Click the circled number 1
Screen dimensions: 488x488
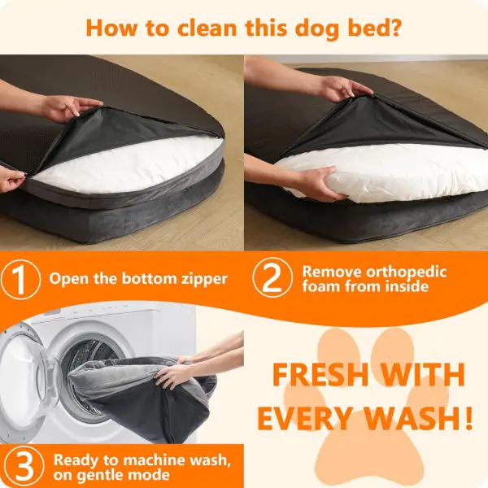click(x=20, y=278)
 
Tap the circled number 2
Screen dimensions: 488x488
click(x=272, y=277)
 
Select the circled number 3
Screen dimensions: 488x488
click(x=24, y=466)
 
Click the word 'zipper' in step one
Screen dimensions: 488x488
click(x=204, y=279)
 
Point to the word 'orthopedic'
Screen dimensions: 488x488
click(x=406, y=272)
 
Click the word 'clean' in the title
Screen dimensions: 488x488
click(x=207, y=28)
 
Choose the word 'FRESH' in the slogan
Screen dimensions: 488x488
click(x=320, y=374)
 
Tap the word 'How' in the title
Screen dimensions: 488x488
click(x=111, y=28)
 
